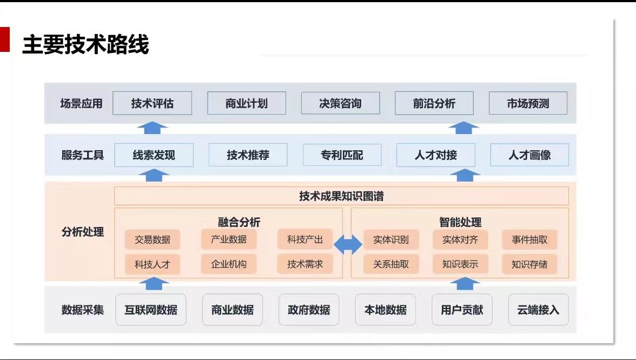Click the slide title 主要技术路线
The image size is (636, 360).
85,44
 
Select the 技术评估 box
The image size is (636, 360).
152,103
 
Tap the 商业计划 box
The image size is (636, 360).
247,103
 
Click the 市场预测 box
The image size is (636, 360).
528,103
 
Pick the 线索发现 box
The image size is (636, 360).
154,155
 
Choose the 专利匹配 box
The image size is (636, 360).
342,155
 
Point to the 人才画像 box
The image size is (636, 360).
530,155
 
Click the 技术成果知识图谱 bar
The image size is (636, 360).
342,196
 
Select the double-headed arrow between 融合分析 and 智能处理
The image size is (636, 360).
348,244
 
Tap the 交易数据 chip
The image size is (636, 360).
153,239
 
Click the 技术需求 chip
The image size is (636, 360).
305,264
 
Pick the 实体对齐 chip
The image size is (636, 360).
460,239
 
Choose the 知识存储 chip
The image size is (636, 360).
529,264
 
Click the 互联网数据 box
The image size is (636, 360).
151,310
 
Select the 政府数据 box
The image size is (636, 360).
309,310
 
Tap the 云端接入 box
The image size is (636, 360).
538,310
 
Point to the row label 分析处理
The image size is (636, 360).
83,232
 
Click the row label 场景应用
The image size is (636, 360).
81,103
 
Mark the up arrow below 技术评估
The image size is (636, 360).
152,128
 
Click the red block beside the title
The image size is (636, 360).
4,39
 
